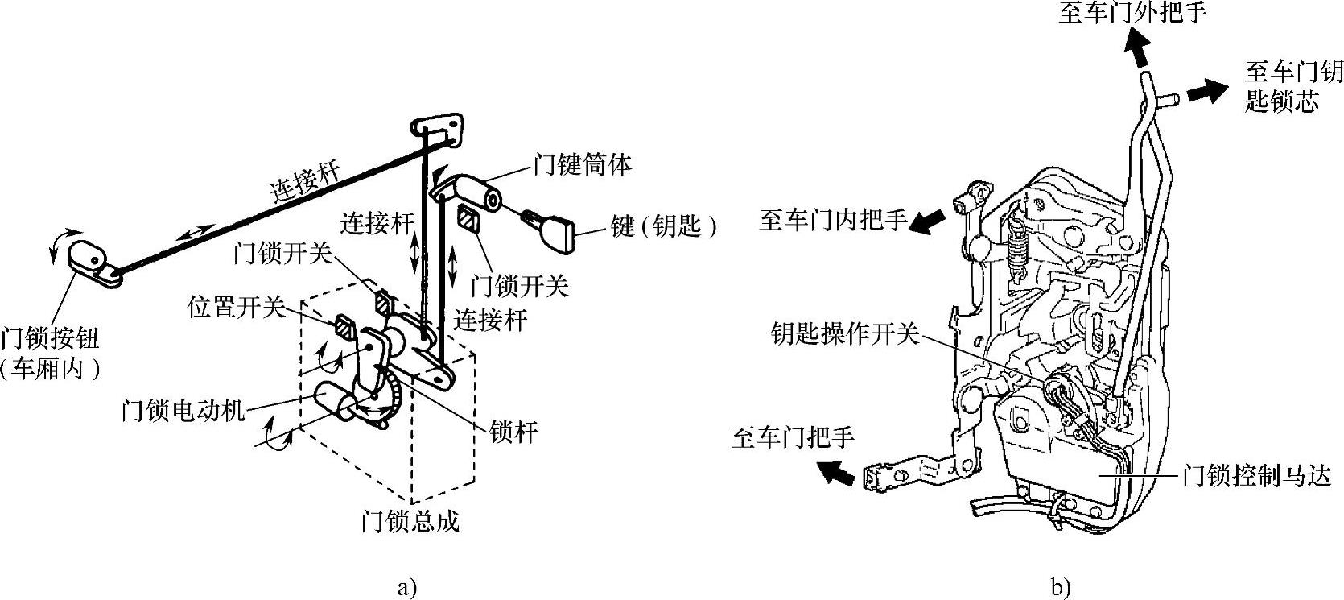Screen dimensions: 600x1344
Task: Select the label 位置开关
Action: [x=236, y=307]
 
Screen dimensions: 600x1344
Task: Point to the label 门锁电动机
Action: [x=182, y=411]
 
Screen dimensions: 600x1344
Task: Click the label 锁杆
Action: [x=513, y=432]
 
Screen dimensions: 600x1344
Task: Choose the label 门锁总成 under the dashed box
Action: [x=410, y=522]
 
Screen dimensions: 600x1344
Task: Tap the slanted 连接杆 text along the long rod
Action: [x=304, y=181]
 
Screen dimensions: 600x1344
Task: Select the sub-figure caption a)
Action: [x=407, y=588]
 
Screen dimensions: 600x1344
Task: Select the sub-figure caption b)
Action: [x=1061, y=588]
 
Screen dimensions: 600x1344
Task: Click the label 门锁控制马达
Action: [x=1262, y=476]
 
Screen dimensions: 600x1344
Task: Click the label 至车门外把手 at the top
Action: [x=1132, y=14]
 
